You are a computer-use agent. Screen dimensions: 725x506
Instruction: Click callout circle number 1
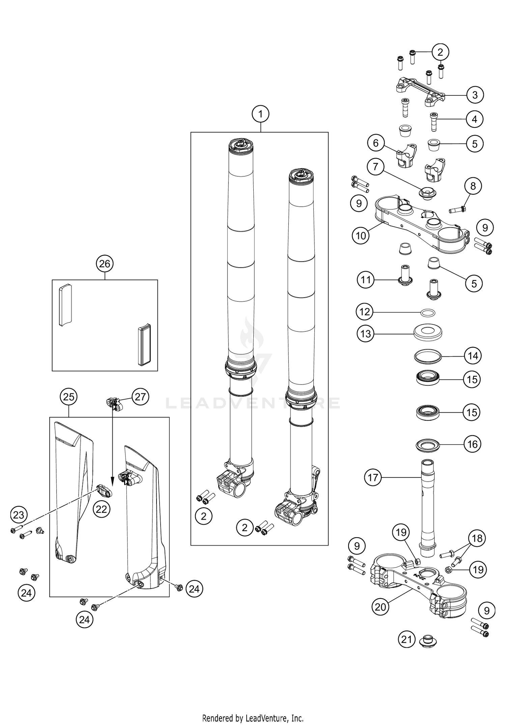(x=260, y=114)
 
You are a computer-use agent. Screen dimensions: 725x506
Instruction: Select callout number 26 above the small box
(x=105, y=263)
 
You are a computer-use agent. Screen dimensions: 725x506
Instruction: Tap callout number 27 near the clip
(x=140, y=397)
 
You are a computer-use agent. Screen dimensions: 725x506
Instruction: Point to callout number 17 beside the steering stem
(x=373, y=477)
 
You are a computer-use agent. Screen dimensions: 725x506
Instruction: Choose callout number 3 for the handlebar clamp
(x=475, y=95)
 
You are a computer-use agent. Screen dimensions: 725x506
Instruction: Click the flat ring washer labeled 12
(x=428, y=313)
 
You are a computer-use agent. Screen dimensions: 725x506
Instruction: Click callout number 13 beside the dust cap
(x=365, y=334)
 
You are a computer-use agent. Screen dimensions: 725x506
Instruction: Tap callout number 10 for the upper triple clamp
(x=361, y=235)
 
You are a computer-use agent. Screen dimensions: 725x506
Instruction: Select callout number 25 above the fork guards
(x=68, y=397)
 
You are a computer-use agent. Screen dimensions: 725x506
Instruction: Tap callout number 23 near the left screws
(x=19, y=515)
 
